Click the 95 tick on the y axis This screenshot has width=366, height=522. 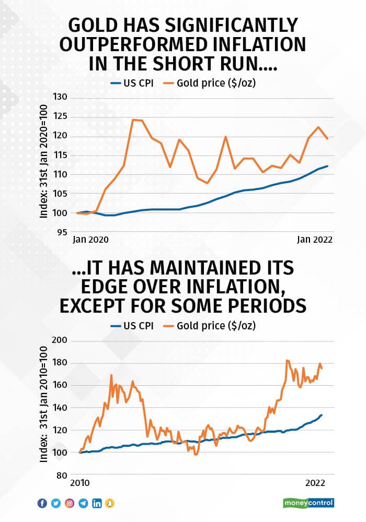click(64, 232)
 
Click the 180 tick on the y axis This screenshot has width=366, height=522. click(61, 363)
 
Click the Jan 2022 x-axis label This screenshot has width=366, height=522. click(315, 240)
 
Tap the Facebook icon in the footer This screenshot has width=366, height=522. click(42, 503)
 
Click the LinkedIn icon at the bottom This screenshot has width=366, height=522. click(97, 503)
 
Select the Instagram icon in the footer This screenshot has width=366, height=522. click(70, 503)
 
